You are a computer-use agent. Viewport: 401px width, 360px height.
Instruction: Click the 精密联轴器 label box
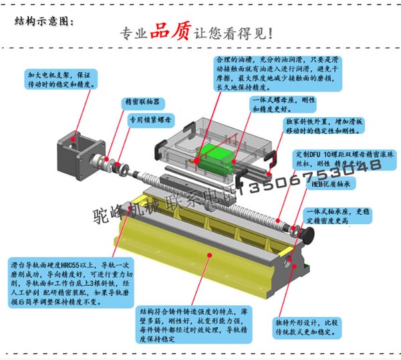[x=142, y=102]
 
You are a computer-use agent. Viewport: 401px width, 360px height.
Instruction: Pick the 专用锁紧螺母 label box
[x=150, y=121]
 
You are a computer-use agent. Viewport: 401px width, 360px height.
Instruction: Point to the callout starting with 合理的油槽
[x=279, y=74]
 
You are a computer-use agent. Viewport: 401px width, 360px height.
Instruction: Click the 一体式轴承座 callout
[x=340, y=215]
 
